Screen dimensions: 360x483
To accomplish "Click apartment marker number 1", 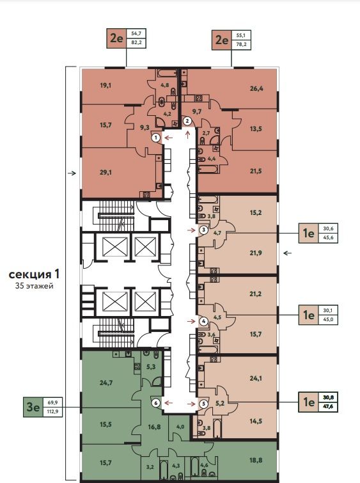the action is pos(156,138).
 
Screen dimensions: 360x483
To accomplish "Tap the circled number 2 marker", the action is pos(187,121).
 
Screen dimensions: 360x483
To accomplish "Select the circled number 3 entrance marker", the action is pos(203,230).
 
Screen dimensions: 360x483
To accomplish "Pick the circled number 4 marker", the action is pos(203,321).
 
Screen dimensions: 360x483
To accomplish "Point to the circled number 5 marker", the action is pos(203,403).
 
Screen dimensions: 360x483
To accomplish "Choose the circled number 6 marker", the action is pos(156,402).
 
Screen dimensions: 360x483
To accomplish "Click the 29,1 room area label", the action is pos(106,173).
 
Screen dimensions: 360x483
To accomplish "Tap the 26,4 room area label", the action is pos(256,89).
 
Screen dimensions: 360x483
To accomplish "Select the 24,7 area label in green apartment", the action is pos(106,383).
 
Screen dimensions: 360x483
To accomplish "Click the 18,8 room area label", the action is pos(256,460).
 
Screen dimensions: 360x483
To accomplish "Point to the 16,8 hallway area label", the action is pos(154,427).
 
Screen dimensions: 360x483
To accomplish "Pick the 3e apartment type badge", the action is pos(33,407).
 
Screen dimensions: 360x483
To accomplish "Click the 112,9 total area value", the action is pos(53,411).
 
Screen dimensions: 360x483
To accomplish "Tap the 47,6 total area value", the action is pos(328,406).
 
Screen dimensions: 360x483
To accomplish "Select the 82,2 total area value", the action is pos(136,43).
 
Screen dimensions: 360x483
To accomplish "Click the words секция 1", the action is pos(34,274).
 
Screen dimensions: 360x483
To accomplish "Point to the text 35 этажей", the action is pos(34,286).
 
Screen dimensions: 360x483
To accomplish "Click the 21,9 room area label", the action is pos(256,253).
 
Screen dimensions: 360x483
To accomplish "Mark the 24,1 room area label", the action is pos(256,378).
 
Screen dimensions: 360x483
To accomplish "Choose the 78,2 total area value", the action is pos(241,44).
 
